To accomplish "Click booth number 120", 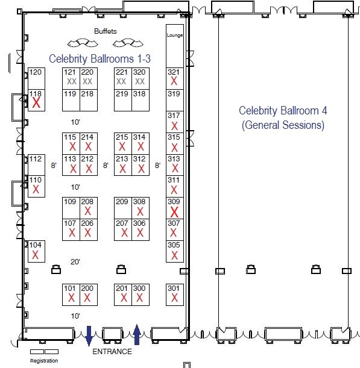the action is pyautogui.click(x=36, y=72).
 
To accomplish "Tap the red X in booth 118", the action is pyautogui.click(x=36, y=103).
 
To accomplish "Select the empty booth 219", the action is pyautogui.click(x=123, y=100).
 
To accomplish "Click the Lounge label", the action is pyautogui.click(x=175, y=35).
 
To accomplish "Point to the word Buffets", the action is pyautogui.click(x=106, y=31).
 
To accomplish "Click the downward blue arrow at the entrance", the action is pyautogui.click(x=89, y=336).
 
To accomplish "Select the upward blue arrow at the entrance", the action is pyautogui.click(x=137, y=334).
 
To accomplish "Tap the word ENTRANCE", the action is pyautogui.click(x=112, y=352).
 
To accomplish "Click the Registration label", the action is pyautogui.click(x=44, y=361).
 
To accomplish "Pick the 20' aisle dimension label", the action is pyautogui.click(x=75, y=261).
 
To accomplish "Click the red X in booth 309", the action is pyautogui.click(x=174, y=212).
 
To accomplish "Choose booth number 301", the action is pyautogui.click(x=174, y=288).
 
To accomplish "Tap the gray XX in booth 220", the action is pyautogui.click(x=87, y=81).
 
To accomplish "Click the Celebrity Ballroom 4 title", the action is pyautogui.click(x=283, y=111).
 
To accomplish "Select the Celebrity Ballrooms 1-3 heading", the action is pyautogui.click(x=99, y=58).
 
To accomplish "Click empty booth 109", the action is pyautogui.click(x=71, y=208).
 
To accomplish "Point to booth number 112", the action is pyautogui.click(x=36, y=159).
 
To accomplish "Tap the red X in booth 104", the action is pyautogui.click(x=35, y=255).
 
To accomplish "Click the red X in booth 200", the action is pyautogui.click(x=87, y=298).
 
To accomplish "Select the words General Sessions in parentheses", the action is pyautogui.click(x=283, y=125).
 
